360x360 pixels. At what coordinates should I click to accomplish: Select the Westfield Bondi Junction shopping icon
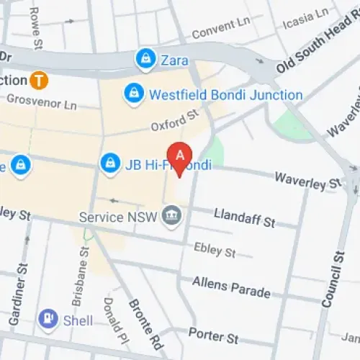coord(133,94)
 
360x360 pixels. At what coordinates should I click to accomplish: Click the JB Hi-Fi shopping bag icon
coord(109,163)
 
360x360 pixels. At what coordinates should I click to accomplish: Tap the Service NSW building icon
coord(171,215)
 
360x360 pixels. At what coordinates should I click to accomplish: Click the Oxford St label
coord(174,120)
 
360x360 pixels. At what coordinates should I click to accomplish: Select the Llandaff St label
coord(245,217)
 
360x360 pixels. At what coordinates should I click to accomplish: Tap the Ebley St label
coord(215,250)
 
